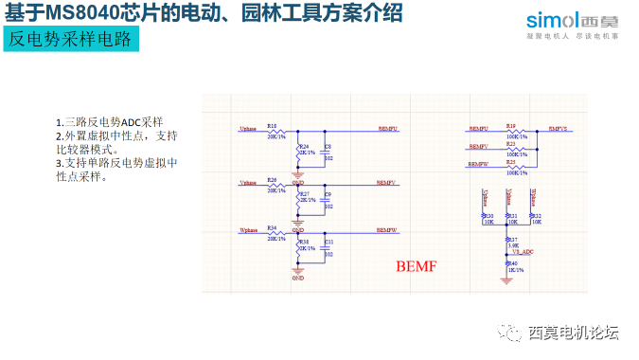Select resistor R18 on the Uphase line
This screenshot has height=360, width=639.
pos(274,130)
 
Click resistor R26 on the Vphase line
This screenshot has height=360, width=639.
pos(274,184)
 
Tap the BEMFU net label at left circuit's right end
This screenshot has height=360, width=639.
pos(387,127)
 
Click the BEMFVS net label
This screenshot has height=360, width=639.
pos(559,128)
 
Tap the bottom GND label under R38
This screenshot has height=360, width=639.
pos(297,279)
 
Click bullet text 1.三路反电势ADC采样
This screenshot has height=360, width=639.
pos(109,122)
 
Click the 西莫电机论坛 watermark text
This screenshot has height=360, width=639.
pos(573,332)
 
